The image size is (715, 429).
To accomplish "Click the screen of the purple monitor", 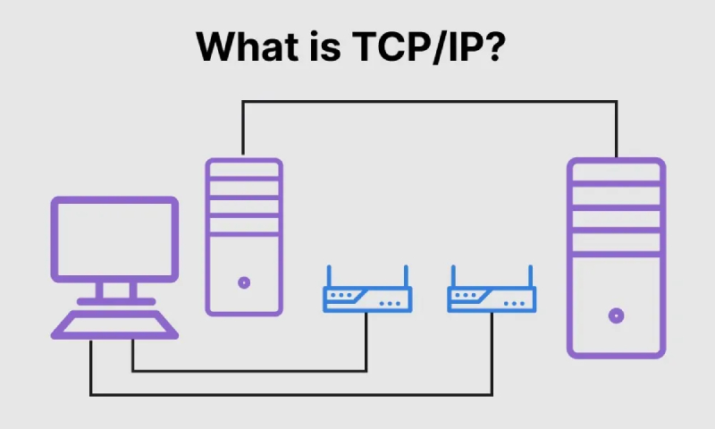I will click(114, 238).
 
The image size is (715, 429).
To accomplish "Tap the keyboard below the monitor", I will click(114, 324).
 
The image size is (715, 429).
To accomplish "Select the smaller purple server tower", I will click(243, 237).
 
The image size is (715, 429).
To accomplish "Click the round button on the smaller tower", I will click(243, 282).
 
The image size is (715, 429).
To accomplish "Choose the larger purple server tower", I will click(616, 259).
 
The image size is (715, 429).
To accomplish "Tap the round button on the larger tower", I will click(616, 315).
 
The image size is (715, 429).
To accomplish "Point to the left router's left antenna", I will click(328, 276).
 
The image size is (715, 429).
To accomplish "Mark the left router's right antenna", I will click(405, 276).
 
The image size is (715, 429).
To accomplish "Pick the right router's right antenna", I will click(530, 276).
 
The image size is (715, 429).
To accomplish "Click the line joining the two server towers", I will click(429, 102).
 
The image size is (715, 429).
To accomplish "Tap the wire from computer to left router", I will click(250, 370).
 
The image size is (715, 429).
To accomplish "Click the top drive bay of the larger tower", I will click(616, 172).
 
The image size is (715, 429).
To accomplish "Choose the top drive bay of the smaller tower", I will click(243, 170).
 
